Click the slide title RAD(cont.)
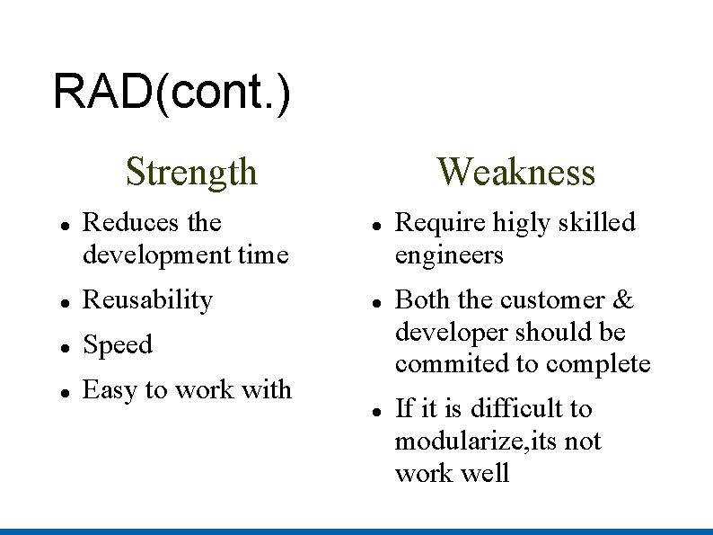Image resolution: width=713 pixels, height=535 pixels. (172, 93)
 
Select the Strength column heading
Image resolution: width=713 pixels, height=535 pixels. (191, 171)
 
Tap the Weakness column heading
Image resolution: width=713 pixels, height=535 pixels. (515, 171)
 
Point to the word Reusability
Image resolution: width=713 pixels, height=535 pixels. (147, 299)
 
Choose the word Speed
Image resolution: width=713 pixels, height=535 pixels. (118, 345)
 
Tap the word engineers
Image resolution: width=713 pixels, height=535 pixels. (449, 255)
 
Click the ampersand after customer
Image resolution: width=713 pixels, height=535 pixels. (623, 299)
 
